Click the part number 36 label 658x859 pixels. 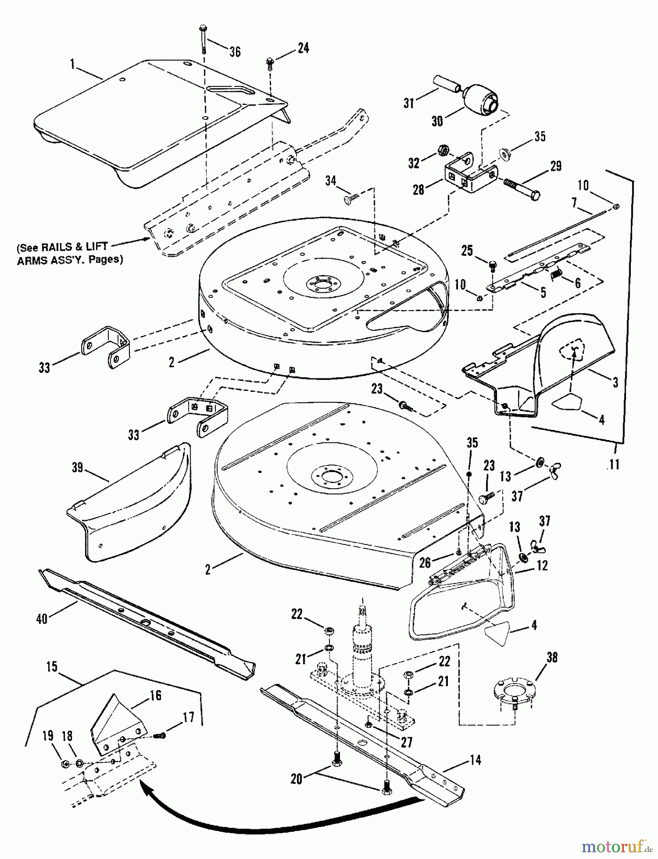tap(235, 52)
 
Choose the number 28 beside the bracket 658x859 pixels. tap(418, 189)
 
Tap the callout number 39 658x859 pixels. tap(77, 468)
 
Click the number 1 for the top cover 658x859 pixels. tap(73, 64)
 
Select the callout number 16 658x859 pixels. tap(155, 695)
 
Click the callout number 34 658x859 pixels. tap(331, 181)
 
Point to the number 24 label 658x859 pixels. tap(303, 48)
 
